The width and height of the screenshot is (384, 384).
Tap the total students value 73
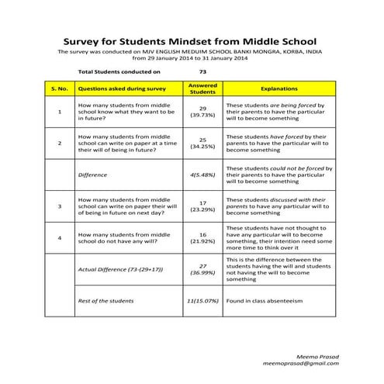(202, 71)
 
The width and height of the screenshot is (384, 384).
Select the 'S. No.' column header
(60, 88)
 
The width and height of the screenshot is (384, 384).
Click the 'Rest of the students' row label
(106, 300)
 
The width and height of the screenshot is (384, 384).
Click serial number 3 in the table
(60, 206)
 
